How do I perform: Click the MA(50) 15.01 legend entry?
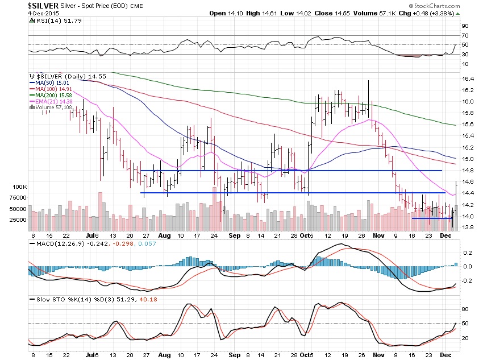coord(55,82)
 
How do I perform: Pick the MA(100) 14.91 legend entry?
coord(56,88)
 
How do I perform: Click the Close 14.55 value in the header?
coord(332,13)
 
